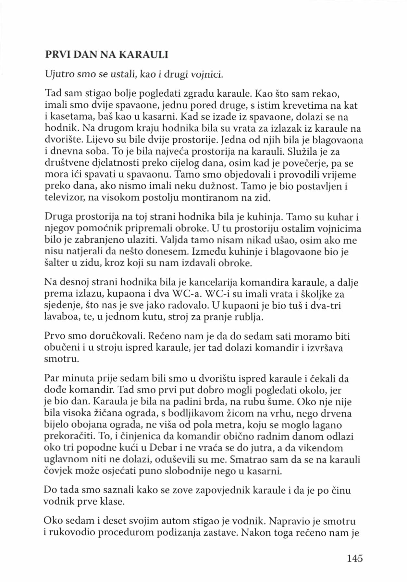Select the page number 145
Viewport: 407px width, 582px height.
click(x=354, y=558)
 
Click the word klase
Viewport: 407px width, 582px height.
click(x=113, y=502)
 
